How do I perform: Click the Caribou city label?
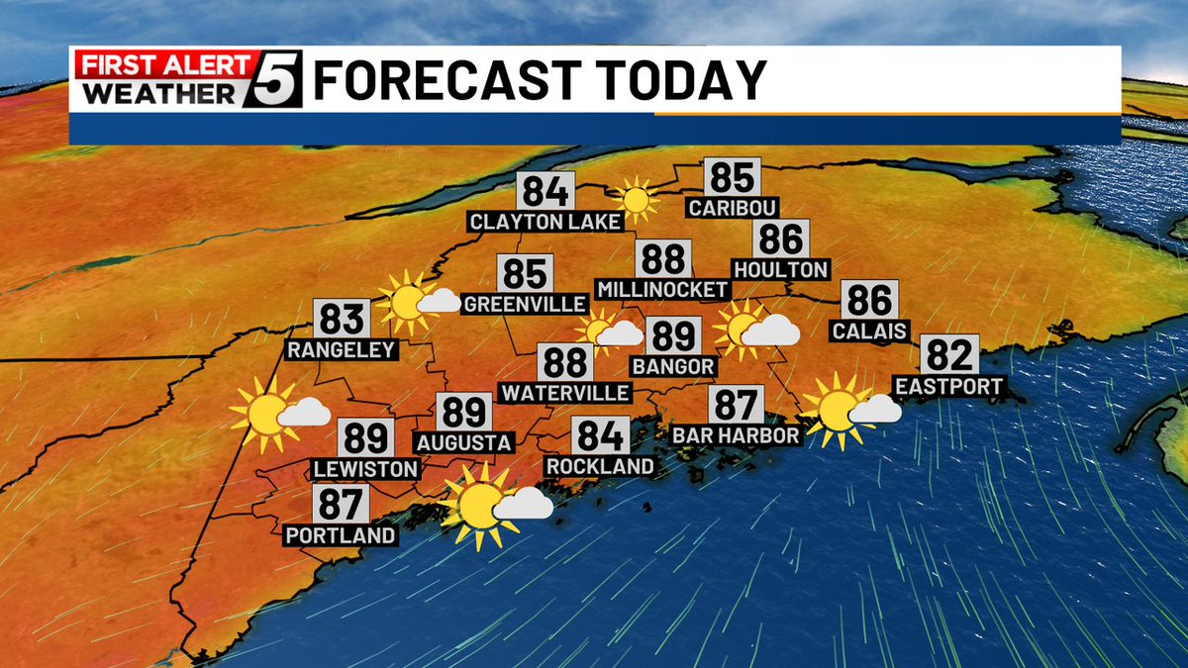733,208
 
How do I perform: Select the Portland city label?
341,535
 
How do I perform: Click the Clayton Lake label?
545,221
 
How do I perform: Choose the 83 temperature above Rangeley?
343,319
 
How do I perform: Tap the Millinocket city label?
662,289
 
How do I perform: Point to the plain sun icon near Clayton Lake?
635,199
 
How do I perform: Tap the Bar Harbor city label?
736,435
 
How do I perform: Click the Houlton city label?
781,269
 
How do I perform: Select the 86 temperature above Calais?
870,300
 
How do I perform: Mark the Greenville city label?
525,303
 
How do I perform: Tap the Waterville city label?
565,393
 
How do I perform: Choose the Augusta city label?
464,441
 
